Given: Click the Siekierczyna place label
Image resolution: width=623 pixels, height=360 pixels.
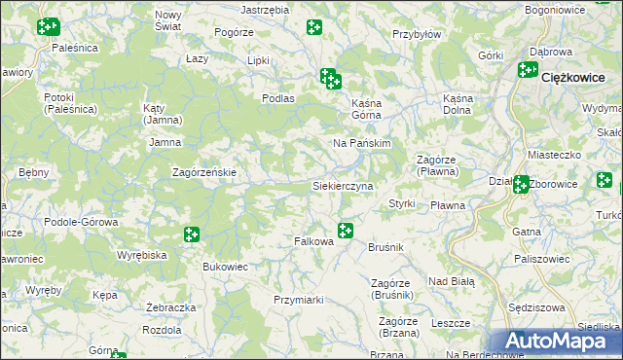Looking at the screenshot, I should pyautogui.click(x=343, y=185).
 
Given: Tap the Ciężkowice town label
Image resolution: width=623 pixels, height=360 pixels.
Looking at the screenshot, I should pyautogui.click(x=573, y=77).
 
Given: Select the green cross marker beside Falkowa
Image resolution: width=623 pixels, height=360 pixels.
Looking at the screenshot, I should pyautogui.click(x=345, y=230).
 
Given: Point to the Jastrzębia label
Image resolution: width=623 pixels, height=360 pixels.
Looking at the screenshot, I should pyautogui.click(x=265, y=9).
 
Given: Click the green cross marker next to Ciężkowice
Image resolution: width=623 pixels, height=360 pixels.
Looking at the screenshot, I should pyautogui.click(x=528, y=69).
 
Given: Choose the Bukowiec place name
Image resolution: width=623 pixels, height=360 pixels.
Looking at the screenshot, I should pyautogui.click(x=225, y=266).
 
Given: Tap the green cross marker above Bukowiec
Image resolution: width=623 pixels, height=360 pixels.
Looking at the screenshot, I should pyautogui.click(x=191, y=234).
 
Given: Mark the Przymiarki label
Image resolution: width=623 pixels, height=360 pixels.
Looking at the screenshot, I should pyautogui.click(x=298, y=300).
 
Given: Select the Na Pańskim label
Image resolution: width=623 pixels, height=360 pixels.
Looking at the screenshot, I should pyautogui.click(x=362, y=143).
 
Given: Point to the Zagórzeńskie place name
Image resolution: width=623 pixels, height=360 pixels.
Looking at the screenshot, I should pyautogui.click(x=204, y=172).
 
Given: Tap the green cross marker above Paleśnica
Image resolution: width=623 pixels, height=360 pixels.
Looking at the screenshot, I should pyautogui.click(x=48, y=26).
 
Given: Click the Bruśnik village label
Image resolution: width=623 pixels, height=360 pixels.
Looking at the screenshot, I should pyautogui.click(x=385, y=248).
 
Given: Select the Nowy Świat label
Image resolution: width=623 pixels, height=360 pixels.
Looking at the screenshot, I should pyautogui.click(x=168, y=20).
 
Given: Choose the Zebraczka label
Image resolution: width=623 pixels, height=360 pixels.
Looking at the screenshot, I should pyautogui.click(x=165, y=306).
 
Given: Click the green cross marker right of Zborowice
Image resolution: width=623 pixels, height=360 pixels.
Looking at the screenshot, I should pyautogui.click(x=605, y=180).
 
